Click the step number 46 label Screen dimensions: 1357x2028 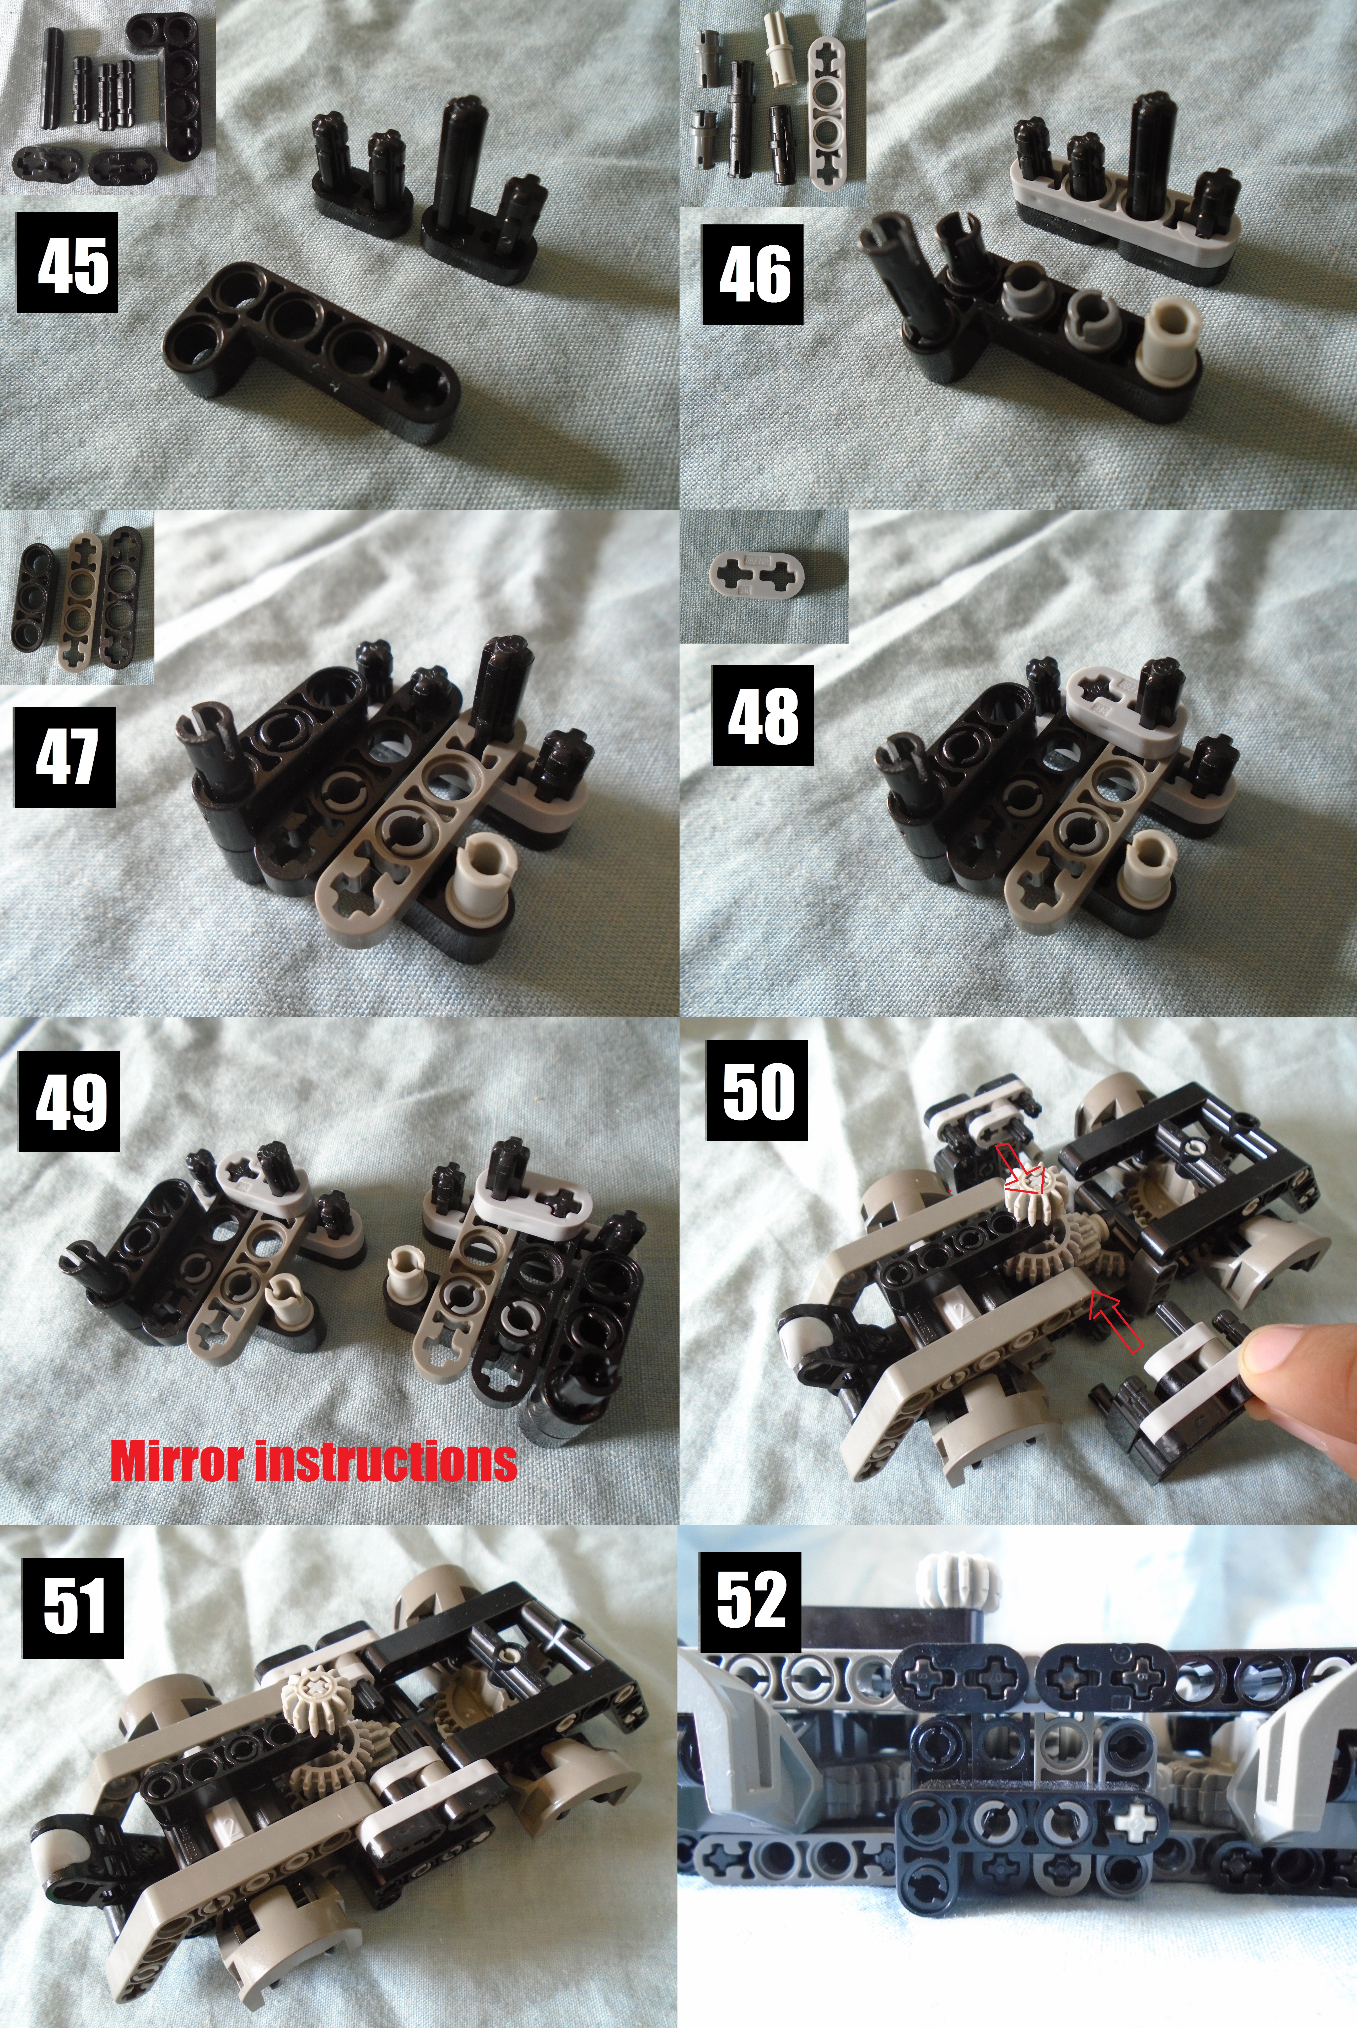(x=752, y=275)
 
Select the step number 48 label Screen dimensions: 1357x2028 (x=762, y=715)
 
